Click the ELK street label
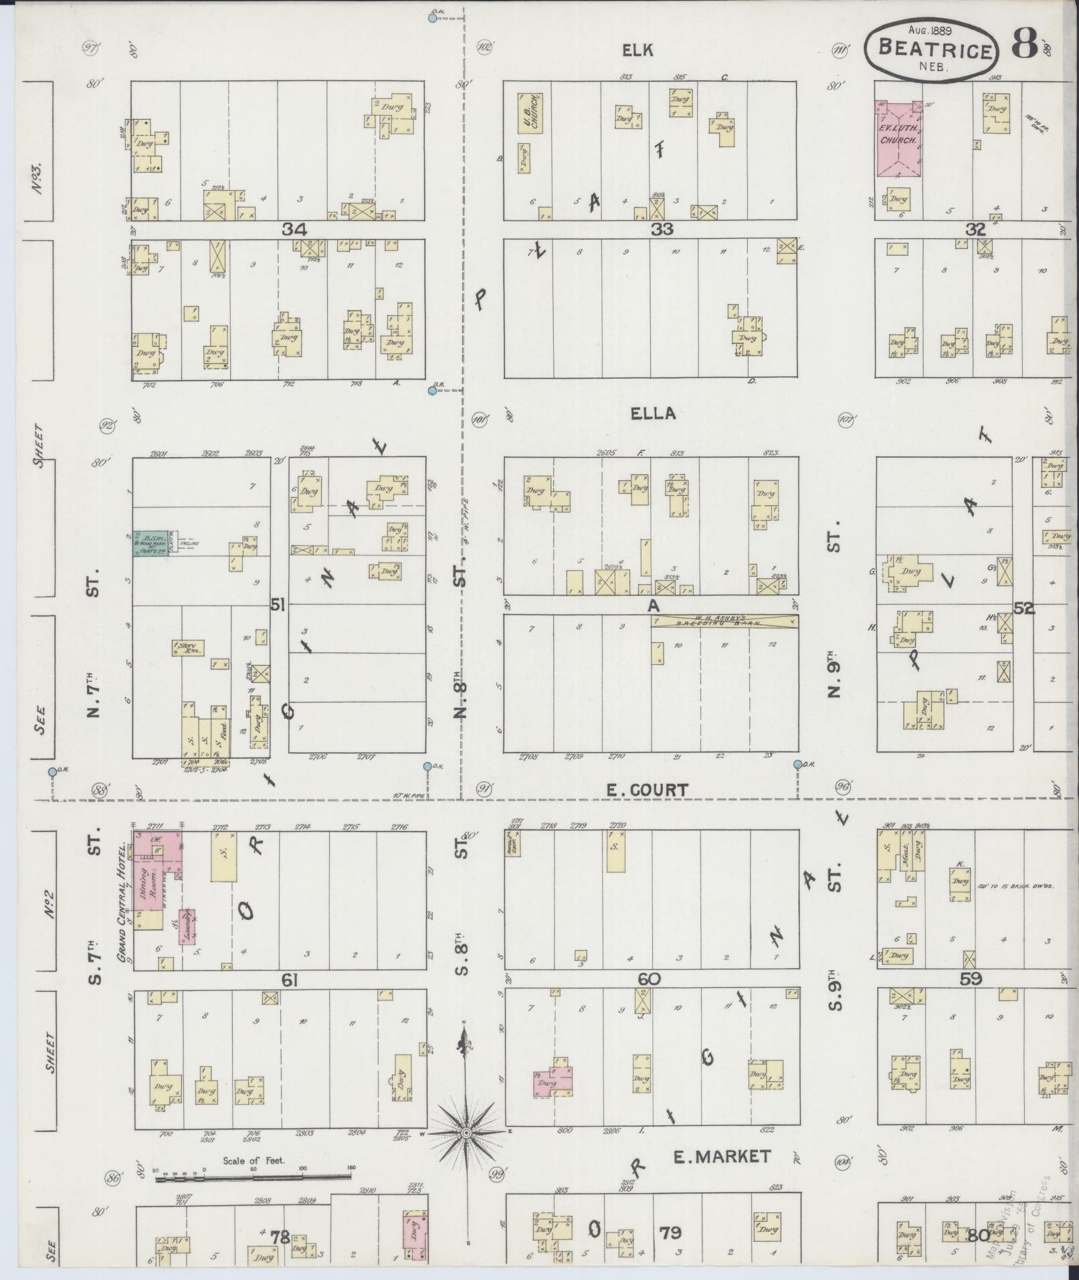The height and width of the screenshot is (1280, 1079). click(637, 50)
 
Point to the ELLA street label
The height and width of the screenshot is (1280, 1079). click(653, 414)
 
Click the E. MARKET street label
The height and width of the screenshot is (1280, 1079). click(722, 1156)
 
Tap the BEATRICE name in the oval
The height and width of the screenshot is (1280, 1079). click(935, 50)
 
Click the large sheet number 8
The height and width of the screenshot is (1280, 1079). click(1024, 44)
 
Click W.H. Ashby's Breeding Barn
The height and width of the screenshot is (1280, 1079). click(724, 622)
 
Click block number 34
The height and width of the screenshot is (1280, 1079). click(294, 230)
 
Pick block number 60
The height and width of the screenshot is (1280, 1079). click(649, 980)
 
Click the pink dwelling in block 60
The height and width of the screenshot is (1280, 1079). click(553, 1081)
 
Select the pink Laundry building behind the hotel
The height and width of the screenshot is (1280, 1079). click(187, 926)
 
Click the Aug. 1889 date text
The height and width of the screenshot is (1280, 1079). click(930, 29)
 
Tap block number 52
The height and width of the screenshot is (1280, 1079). click(1023, 608)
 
